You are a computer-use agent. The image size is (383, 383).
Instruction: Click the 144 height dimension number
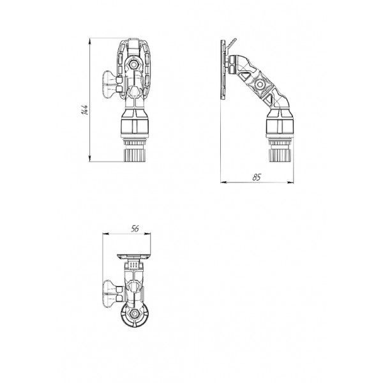click(84, 110)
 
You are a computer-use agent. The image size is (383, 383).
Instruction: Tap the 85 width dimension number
click(257, 177)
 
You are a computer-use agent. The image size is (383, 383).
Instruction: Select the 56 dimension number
click(135, 229)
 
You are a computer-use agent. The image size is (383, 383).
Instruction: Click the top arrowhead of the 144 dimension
click(90, 41)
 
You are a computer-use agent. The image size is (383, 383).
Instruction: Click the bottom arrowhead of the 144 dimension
click(90, 158)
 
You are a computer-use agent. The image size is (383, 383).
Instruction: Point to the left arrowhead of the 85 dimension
click(224, 182)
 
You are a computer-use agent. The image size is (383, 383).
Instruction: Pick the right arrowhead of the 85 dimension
click(290, 182)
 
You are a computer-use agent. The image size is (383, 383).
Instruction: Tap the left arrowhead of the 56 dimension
click(105, 234)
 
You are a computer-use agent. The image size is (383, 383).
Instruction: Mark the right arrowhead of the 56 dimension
click(147, 234)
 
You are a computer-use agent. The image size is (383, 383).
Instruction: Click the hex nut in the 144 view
click(133, 64)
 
